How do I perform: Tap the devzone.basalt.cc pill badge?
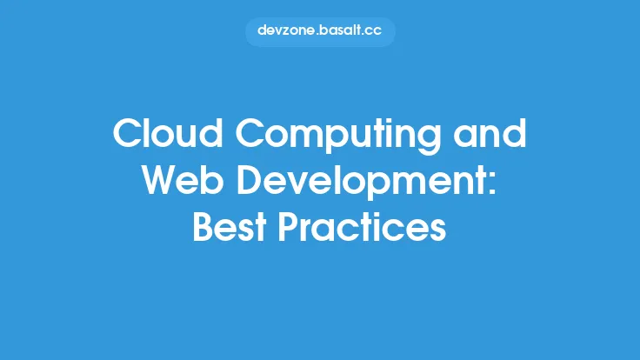(320, 31)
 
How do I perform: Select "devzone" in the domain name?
(285, 31)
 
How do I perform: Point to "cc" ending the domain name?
(375, 31)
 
